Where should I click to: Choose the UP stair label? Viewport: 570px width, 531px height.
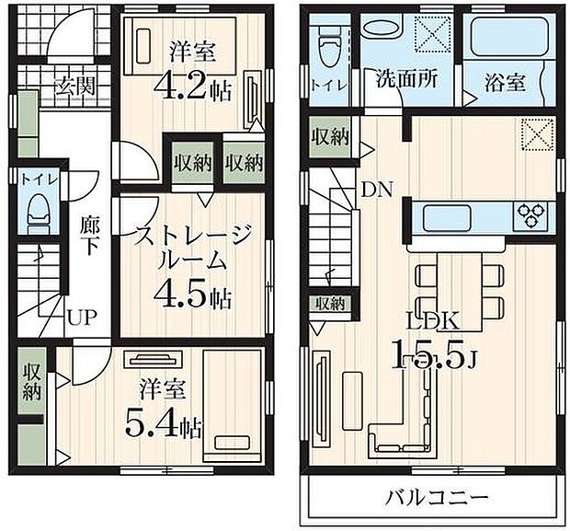(78, 318)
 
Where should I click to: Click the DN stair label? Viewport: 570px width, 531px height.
(376, 190)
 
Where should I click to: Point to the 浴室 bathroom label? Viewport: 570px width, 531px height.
(505, 81)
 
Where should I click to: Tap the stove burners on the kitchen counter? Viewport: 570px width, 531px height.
(531, 216)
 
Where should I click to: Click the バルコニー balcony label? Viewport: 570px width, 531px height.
(430, 498)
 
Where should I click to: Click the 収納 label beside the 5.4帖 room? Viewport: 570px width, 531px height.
(31, 381)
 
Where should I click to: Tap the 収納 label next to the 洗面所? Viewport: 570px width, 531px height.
(329, 137)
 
